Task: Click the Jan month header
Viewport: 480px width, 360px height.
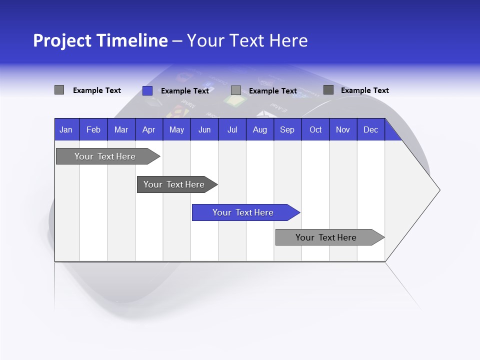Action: click(x=66, y=129)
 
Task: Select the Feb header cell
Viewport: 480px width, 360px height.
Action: click(x=93, y=129)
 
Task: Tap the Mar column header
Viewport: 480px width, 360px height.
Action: click(x=121, y=129)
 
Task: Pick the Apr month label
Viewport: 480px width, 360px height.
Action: click(x=148, y=129)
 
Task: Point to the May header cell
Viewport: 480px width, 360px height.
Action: click(x=176, y=129)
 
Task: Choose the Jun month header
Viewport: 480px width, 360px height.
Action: click(x=204, y=129)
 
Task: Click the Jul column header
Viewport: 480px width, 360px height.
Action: click(x=232, y=129)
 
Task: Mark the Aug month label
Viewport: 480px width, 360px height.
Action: click(x=259, y=129)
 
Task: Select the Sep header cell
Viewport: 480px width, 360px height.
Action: click(x=287, y=129)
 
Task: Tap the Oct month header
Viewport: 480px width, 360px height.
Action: click(x=315, y=129)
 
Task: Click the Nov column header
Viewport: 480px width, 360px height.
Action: click(x=343, y=129)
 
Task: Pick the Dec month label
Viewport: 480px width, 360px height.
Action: click(x=370, y=129)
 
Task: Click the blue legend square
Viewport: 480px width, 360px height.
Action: click(x=147, y=90)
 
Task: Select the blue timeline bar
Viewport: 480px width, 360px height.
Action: click(x=243, y=212)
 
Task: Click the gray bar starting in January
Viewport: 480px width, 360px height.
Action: click(x=105, y=156)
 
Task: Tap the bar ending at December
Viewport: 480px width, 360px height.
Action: click(x=326, y=237)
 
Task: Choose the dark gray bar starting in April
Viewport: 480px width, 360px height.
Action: click(x=174, y=184)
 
